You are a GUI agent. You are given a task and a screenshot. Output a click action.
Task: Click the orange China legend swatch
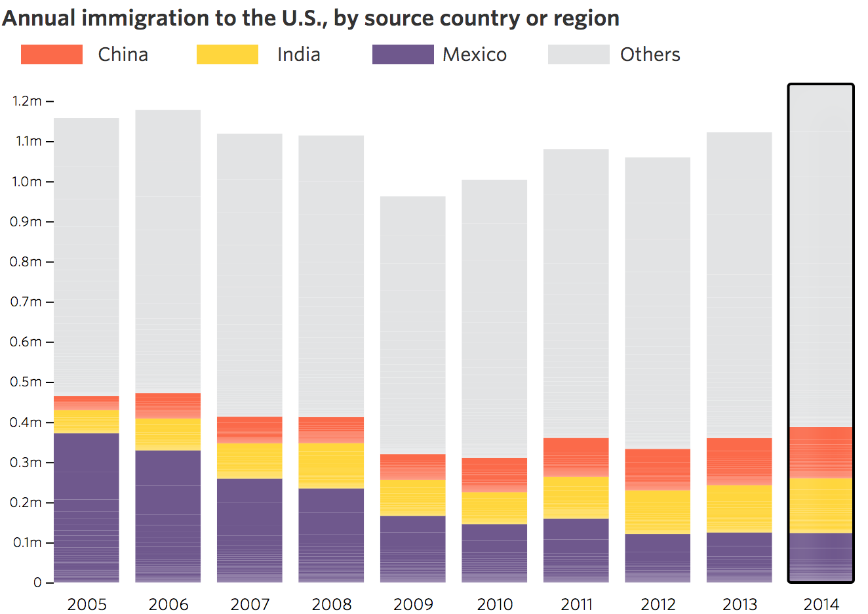pos(52,54)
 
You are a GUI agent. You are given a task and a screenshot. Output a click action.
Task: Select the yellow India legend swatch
pos(227,54)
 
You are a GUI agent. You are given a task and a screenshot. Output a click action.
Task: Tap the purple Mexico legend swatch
pos(403,54)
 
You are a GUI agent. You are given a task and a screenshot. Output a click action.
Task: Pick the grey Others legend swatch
pos(578,54)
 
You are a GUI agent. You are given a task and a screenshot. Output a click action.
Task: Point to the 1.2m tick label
pos(27,101)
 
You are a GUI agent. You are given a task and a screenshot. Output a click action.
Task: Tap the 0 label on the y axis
pos(37,583)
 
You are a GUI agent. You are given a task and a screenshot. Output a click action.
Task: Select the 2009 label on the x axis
pos(413,604)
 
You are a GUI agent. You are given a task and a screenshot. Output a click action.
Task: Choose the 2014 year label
pos(821,604)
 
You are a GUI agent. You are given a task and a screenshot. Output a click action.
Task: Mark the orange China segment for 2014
pos(821,453)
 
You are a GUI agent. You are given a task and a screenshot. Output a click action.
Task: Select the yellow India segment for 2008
pos(331,465)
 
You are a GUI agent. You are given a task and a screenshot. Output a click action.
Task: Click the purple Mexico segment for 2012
pos(658,558)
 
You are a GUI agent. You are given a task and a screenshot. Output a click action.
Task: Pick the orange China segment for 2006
pos(168,405)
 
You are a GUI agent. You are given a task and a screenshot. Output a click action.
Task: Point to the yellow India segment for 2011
pos(576,497)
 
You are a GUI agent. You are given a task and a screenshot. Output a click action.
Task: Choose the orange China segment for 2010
pos(494,474)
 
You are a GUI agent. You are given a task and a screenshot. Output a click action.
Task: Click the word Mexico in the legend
pos(475,54)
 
